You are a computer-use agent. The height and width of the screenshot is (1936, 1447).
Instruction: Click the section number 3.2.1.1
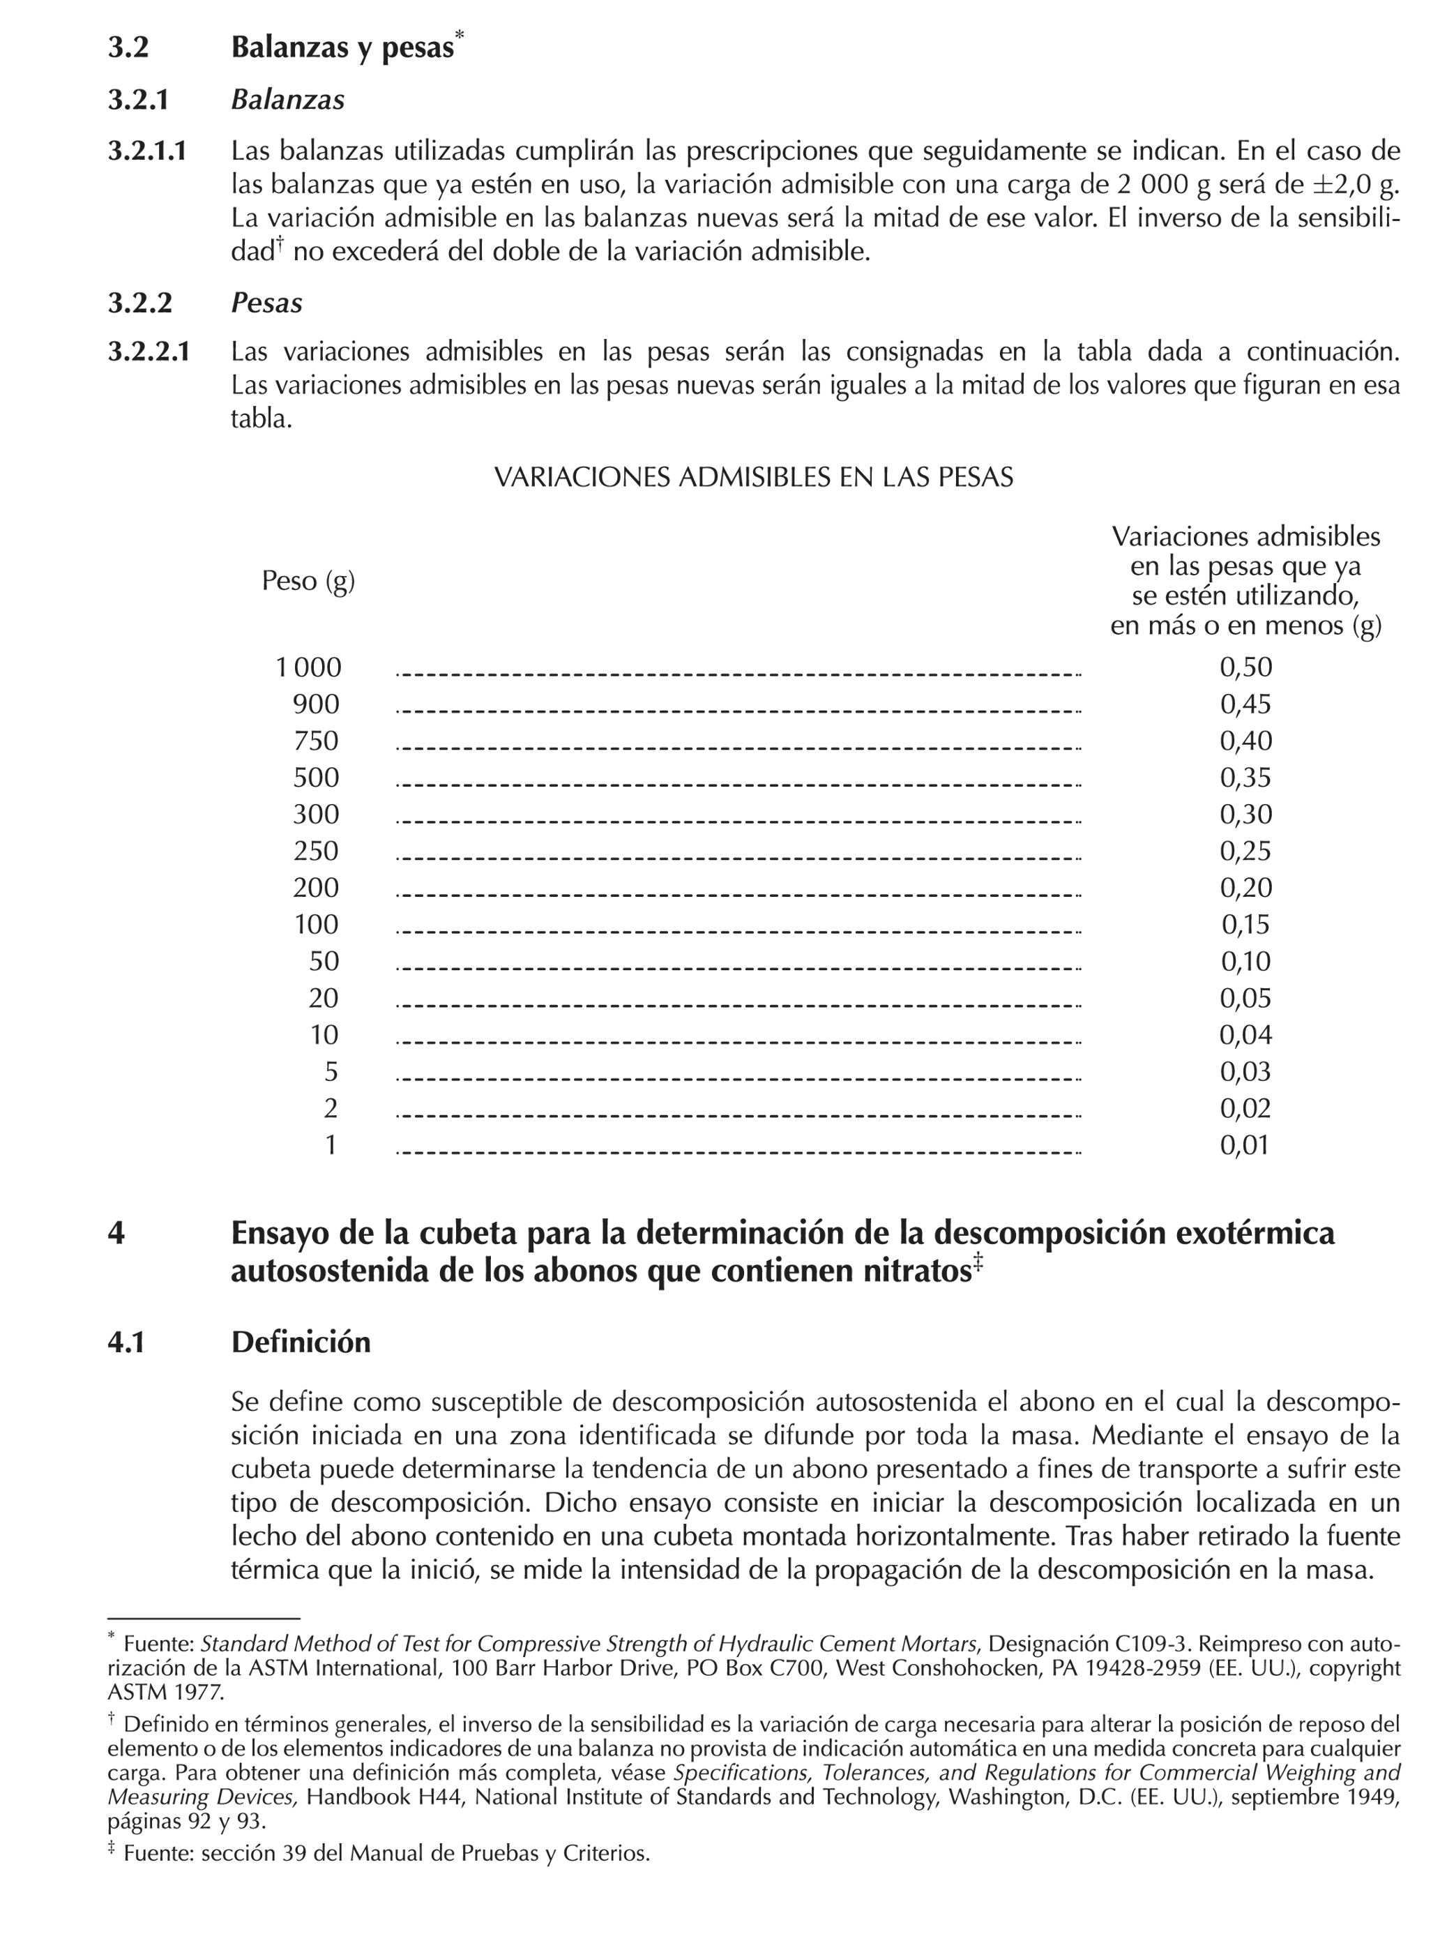tap(147, 151)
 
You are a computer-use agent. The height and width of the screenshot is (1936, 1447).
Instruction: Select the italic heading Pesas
tap(266, 303)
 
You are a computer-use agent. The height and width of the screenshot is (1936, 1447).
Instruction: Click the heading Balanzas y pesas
tap(342, 47)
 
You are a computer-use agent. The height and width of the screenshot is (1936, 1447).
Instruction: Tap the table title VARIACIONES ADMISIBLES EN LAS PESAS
tap(753, 477)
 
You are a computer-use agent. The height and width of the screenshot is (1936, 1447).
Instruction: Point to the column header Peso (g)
tap(308, 580)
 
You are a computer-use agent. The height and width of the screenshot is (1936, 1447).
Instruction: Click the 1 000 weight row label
tap(308, 668)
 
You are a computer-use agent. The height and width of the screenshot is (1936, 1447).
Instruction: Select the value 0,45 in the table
tap(1245, 704)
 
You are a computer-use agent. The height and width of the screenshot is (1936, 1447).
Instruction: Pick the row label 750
tap(315, 741)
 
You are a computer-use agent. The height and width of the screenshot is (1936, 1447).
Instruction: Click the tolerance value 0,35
tap(1245, 778)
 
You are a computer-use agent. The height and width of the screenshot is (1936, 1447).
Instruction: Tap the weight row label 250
tap(315, 852)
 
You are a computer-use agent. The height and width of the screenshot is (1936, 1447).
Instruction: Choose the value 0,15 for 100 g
tap(1245, 925)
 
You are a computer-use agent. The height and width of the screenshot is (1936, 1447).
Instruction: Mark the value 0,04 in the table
tap(1245, 1036)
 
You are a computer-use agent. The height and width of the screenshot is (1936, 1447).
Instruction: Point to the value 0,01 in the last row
tap(1245, 1146)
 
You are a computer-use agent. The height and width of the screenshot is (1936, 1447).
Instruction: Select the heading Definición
tap(301, 1342)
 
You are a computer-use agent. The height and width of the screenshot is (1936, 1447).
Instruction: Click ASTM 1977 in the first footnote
tap(165, 1692)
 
